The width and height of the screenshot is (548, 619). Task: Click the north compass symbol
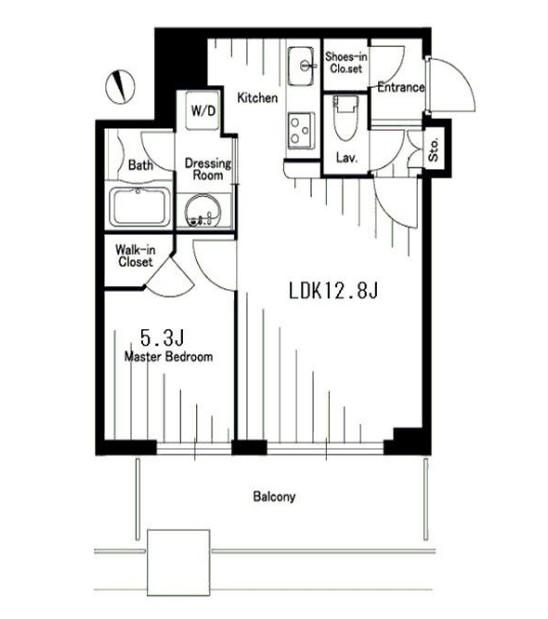(120, 87)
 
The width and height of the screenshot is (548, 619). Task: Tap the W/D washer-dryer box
(203, 111)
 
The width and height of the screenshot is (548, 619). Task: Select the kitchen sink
(302, 66)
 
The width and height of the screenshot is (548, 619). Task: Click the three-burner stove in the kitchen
(301, 131)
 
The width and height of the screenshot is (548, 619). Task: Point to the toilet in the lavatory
(346, 118)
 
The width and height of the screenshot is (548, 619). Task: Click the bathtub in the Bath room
(140, 207)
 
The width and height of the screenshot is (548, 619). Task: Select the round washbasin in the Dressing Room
(204, 210)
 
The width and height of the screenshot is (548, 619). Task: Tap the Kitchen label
(257, 98)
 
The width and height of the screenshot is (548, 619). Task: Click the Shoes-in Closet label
(346, 62)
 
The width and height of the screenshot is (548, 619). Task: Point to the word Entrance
(401, 87)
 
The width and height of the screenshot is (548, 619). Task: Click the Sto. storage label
(434, 149)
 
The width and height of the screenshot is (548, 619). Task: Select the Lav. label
(347, 158)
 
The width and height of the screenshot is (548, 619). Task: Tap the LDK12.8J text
(334, 291)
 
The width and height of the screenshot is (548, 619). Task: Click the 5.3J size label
(162, 338)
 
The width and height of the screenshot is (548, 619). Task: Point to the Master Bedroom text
(169, 356)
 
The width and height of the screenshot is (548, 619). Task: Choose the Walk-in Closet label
(135, 256)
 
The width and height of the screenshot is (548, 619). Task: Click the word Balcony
(274, 496)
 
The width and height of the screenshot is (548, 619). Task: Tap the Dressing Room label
(208, 169)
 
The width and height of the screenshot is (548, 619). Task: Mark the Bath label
(141, 165)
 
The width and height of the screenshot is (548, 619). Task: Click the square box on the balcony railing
(178, 563)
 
